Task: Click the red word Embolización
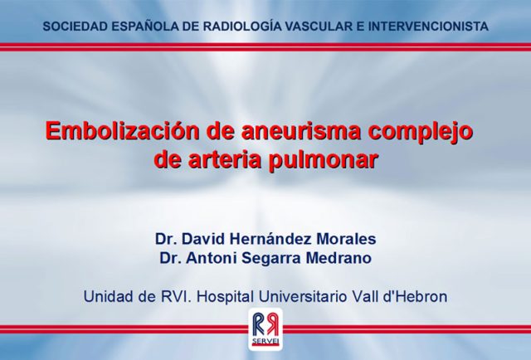tap(123, 131)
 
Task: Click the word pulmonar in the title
tap(323, 161)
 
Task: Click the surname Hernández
tap(270, 239)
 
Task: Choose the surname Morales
tap(346, 239)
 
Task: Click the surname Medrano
tap(339, 258)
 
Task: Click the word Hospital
tap(225, 298)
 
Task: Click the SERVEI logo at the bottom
tap(265, 328)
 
